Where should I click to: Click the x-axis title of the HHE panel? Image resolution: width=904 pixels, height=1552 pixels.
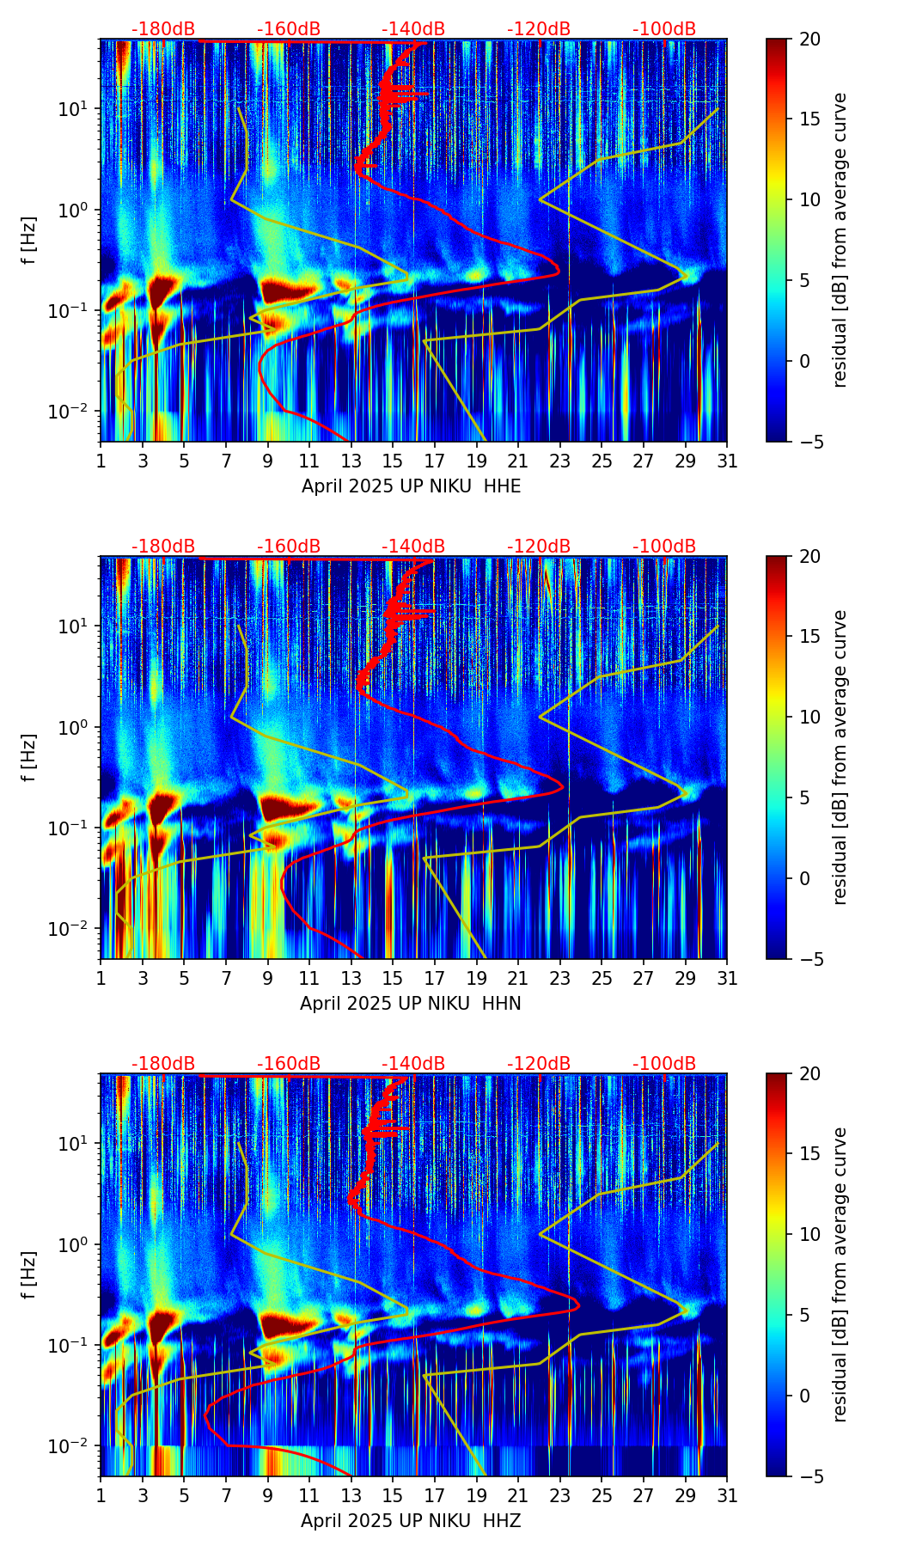[411, 486]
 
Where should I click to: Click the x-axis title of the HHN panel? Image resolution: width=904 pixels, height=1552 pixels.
[411, 1004]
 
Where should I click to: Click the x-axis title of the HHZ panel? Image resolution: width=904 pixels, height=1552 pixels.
[411, 1521]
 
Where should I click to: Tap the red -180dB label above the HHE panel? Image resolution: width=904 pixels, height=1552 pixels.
[163, 29]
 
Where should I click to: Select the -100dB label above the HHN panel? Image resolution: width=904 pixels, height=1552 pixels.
[664, 547]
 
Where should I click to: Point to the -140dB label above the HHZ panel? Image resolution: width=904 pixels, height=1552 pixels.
[413, 1064]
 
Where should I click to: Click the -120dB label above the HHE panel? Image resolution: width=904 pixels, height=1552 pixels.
[539, 29]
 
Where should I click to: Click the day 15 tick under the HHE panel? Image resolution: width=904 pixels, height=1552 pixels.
[393, 461]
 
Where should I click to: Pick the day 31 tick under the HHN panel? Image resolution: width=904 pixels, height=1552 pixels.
[727, 978]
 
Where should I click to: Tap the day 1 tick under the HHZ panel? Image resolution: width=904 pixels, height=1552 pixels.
[101, 1495]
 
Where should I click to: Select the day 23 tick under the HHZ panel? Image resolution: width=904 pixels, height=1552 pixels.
[560, 1495]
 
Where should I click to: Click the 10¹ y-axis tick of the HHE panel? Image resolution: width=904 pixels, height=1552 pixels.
[81, 109]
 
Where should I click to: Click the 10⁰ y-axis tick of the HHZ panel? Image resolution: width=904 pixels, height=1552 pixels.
[81, 1245]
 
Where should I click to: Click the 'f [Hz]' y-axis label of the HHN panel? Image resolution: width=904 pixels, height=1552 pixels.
[30, 757]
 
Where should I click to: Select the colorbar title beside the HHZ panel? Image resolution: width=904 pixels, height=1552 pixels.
[840, 1274]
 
